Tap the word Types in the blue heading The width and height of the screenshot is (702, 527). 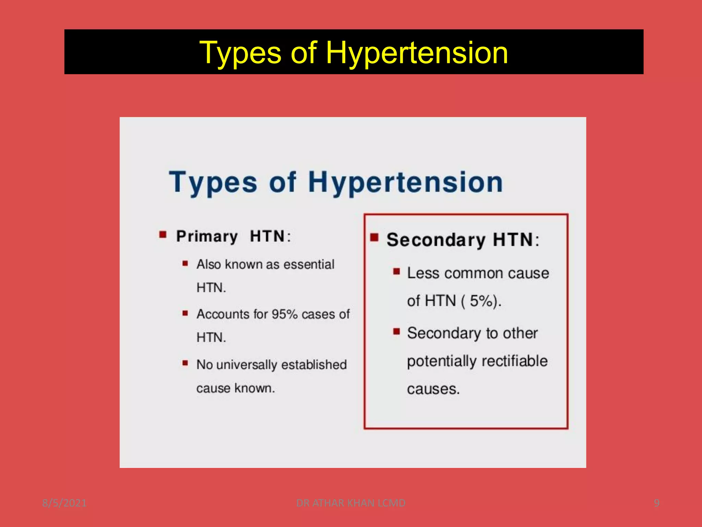[x=213, y=182]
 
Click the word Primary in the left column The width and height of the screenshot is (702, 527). [x=207, y=236]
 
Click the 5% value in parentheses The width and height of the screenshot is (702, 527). [x=481, y=301]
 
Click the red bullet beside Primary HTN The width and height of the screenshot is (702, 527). [x=163, y=235]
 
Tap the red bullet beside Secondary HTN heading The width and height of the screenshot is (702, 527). [x=374, y=237]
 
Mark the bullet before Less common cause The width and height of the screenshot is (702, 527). [x=397, y=272]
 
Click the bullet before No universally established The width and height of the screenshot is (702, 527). [x=185, y=363]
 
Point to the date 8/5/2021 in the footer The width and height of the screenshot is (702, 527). [x=64, y=503]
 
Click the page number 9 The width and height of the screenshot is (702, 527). [x=656, y=503]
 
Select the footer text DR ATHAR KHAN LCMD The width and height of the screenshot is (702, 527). [x=351, y=503]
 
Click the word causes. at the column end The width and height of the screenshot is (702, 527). [x=433, y=389]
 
